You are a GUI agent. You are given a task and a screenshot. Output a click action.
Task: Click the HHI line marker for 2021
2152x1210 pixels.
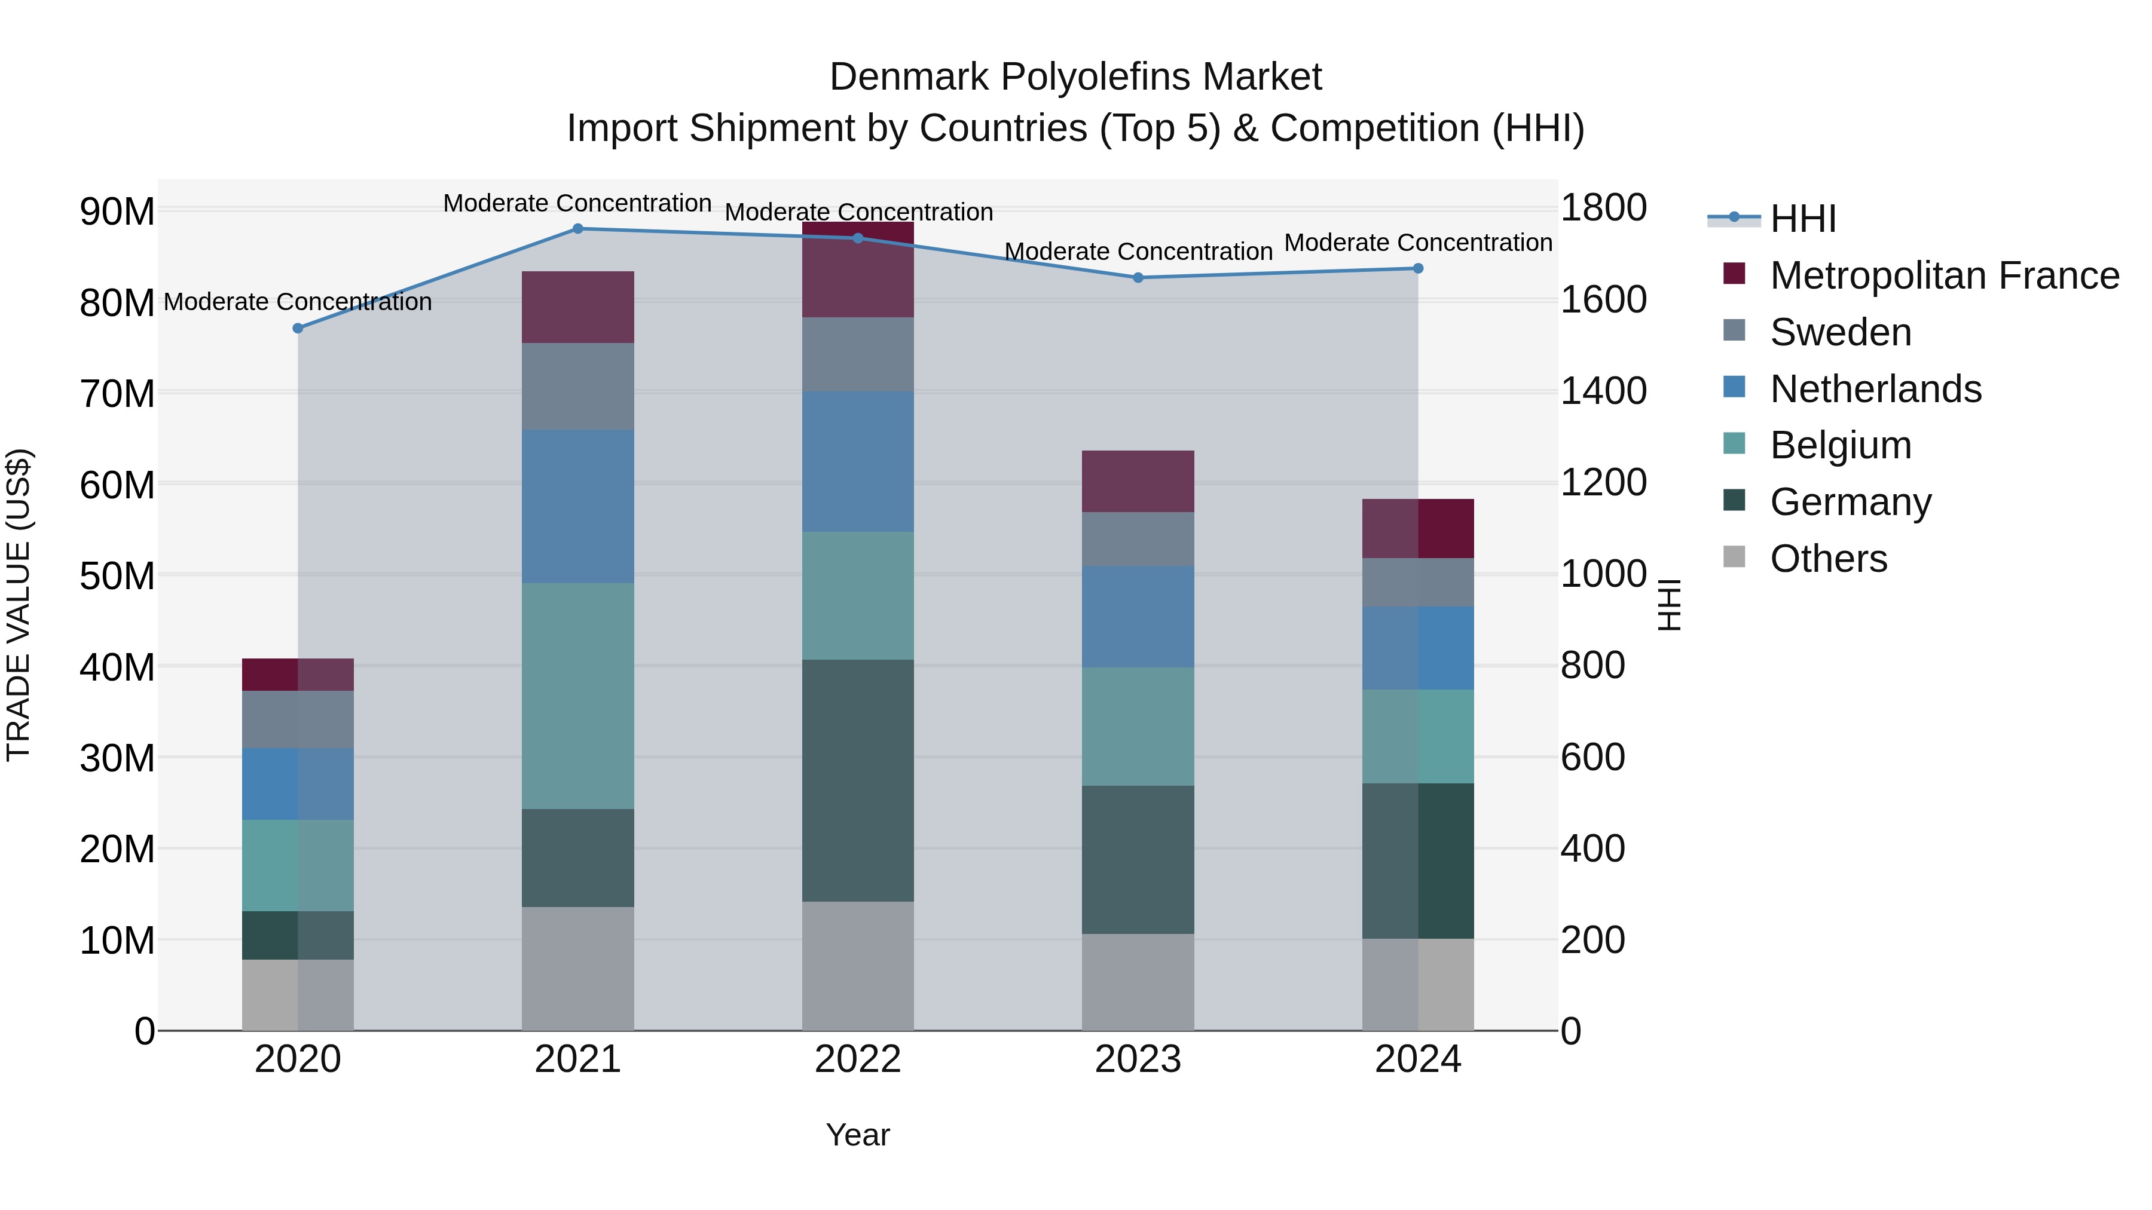[x=577, y=229]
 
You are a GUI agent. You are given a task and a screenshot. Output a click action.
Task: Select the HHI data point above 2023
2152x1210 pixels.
[x=1138, y=278]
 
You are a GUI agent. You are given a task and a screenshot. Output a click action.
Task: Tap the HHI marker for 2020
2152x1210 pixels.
[x=298, y=328]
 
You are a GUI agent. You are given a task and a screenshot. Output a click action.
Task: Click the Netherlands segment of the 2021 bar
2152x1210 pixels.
[x=577, y=507]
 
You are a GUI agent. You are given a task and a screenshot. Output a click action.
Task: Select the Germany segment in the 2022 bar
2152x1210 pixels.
[x=857, y=781]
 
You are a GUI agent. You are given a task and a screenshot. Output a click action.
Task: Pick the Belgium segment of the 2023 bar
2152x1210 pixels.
[x=1138, y=727]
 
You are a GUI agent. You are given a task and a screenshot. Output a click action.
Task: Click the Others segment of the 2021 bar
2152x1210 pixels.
[x=577, y=969]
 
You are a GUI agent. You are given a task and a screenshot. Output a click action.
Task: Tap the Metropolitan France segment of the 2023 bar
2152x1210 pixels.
[x=1138, y=482]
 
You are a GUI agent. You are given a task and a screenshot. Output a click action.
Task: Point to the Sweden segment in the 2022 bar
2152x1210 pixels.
[x=857, y=355]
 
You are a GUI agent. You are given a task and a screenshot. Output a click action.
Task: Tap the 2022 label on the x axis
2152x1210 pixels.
[x=857, y=1059]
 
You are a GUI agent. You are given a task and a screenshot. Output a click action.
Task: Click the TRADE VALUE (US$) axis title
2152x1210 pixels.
[x=19, y=605]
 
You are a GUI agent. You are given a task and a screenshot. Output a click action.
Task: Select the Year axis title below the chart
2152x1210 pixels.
[x=857, y=1135]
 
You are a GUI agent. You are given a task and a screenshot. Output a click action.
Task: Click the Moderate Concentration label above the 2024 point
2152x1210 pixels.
[x=1418, y=243]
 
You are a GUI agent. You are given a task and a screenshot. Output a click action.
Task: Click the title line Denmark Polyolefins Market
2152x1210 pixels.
[x=1075, y=77]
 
